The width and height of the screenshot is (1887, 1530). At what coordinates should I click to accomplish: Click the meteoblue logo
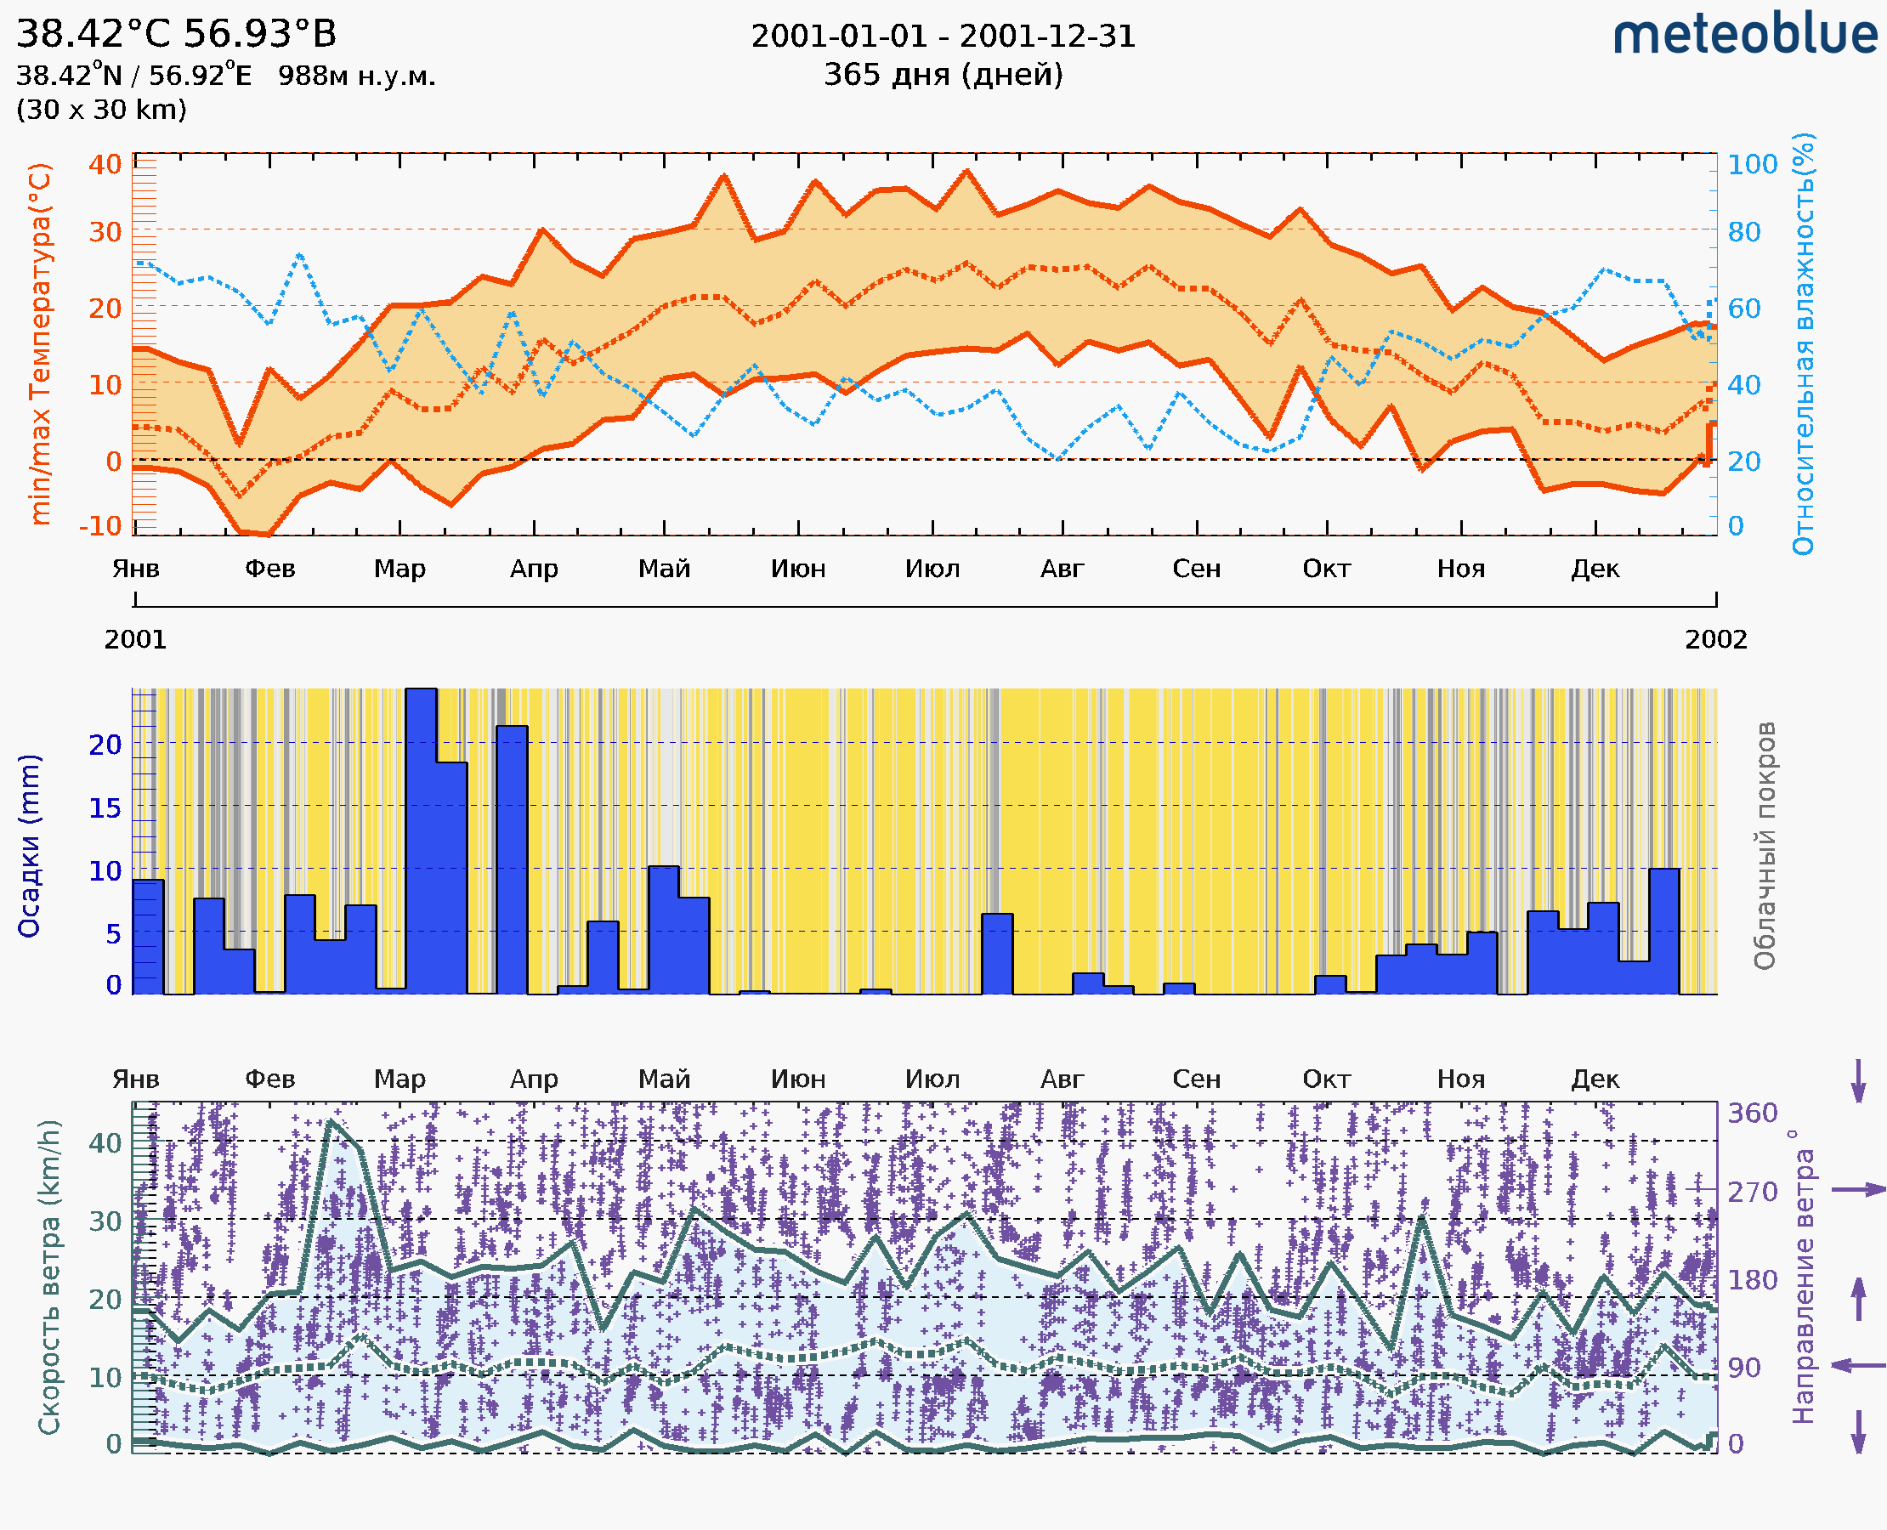pos(1745,35)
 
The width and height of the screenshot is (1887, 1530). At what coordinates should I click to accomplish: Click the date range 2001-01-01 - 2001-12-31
pos(943,37)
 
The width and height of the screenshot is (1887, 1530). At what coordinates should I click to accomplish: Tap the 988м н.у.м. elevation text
pos(357,76)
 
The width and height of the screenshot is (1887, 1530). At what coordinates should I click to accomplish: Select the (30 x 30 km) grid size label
pos(101,110)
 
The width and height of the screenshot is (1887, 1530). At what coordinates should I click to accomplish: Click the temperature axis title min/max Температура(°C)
pos(41,343)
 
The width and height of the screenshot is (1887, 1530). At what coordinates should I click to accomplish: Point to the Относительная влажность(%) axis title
pos(1803,343)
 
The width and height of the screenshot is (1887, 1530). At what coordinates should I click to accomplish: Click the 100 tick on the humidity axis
pos(1751,165)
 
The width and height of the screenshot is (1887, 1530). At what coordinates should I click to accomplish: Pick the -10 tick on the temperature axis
pos(100,526)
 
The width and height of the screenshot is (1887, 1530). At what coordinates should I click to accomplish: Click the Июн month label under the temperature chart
pos(797,569)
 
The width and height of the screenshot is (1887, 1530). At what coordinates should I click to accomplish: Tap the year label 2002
pos(1715,639)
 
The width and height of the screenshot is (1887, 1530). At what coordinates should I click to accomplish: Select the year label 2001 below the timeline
pos(136,639)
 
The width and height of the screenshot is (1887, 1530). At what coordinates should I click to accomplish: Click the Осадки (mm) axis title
pos(29,845)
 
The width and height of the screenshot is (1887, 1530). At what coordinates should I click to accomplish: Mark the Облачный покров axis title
pos(1765,845)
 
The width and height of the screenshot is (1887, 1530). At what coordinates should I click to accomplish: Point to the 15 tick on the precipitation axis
pos(105,807)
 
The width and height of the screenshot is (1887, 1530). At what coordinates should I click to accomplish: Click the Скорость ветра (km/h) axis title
pos(49,1277)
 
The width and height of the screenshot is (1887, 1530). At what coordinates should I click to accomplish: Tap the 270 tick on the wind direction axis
pos(1751,1192)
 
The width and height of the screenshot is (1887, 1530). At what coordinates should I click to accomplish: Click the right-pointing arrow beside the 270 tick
pos(1858,1190)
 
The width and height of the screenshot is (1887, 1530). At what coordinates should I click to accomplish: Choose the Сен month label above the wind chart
pos(1196,1079)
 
